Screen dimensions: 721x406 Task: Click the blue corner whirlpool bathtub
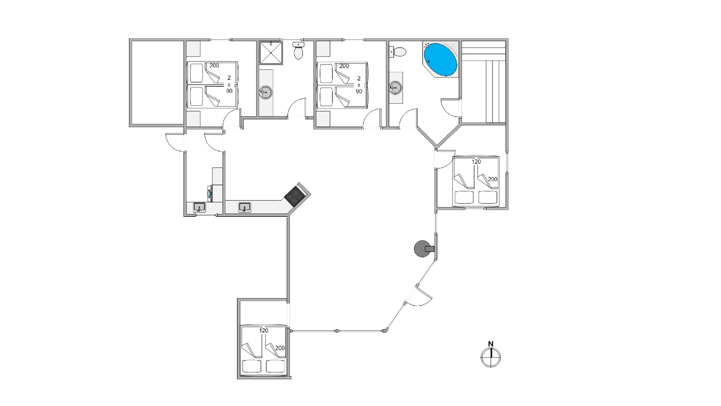pyautogui.click(x=441, y=59)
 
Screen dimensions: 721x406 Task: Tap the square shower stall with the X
pyautogui.click(x=271, y=53)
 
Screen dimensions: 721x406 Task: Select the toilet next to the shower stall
pyautogui.click(x=298, y=51)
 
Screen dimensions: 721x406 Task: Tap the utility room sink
pyautogui.click(x=199, y=207)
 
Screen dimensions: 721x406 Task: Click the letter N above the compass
pyautogui.click(x=491, y=344)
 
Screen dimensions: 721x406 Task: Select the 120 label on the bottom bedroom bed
pyautogui.click(x=264, y=330)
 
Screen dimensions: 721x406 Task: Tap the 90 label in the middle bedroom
pyautogui.click(x=359, y=91)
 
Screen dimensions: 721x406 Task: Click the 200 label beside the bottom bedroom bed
pyautogui.click(x=280, y=348)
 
